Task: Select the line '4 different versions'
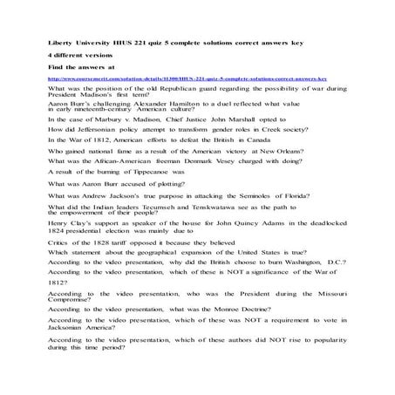(84, 55)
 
